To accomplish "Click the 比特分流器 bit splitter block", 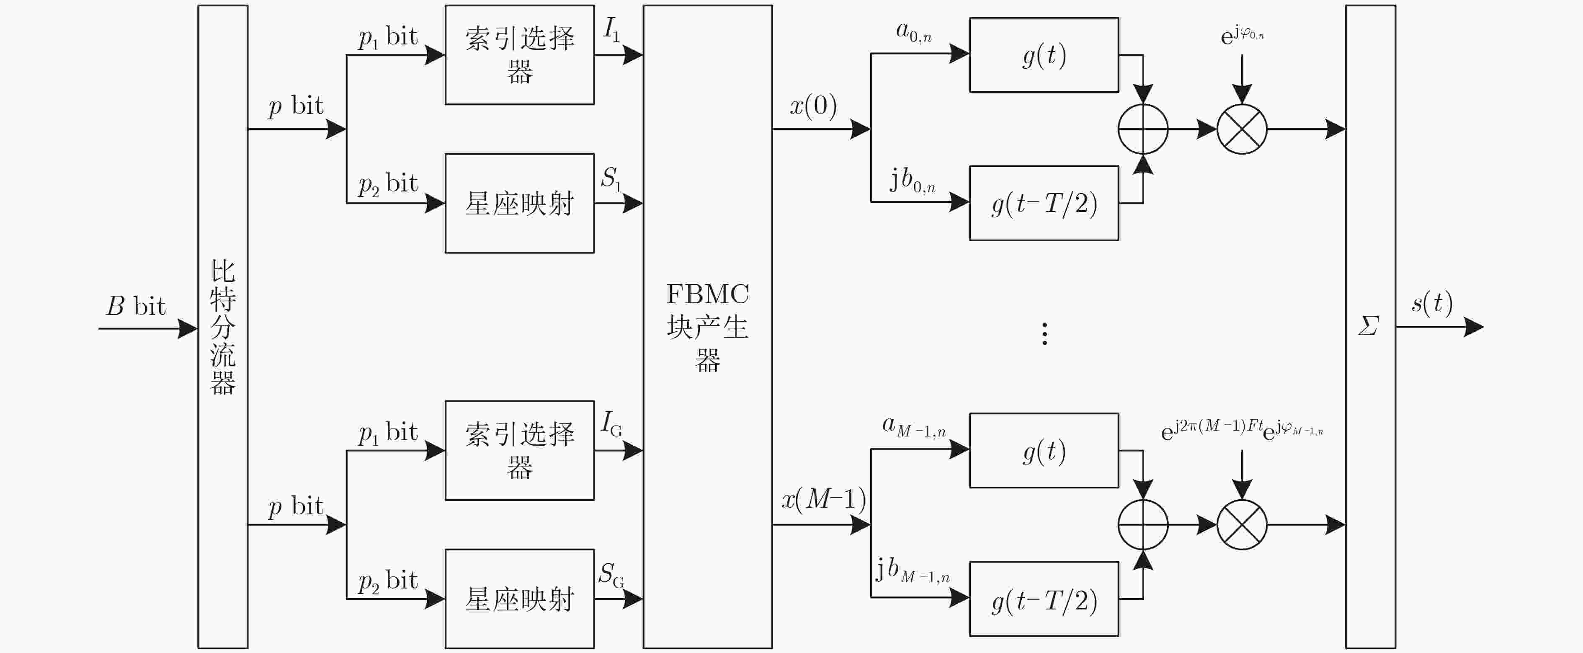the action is pyautogui.click(x=222, y=327).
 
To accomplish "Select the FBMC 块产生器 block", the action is pyautogui.click(x=707, y=327).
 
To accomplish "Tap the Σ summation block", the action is pyautogui.click(x=1370, y=327).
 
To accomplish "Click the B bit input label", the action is pyautogui.click(x=136, y=306).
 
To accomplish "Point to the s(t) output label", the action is pyautogui.click(x=1432, y=302).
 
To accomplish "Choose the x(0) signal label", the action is pyautogui.click(x=813, y=105).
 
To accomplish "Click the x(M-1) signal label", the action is pyautogui.click(x=823, y=499).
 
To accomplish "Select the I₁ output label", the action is pyautogui.click(x=611, y=29).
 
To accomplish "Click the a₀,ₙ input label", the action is pyautogui.click(x=914, y=32).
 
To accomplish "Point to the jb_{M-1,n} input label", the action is pyautogui.click(x=913, y=570).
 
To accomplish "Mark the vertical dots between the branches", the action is pyautogui.click(x=1045, y=333).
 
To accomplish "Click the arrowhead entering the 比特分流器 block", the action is pyautogui.click(x=188, y=328).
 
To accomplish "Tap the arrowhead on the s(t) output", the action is pyautogui.click(x=1474, y=327).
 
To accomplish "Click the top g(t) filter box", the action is pyautogui.click(x=1044, y=55).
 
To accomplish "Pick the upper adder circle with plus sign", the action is pyautogui.click(x=1143, y=129).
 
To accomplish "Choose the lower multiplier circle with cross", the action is pyautogui.click(x=1242, y=524).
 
